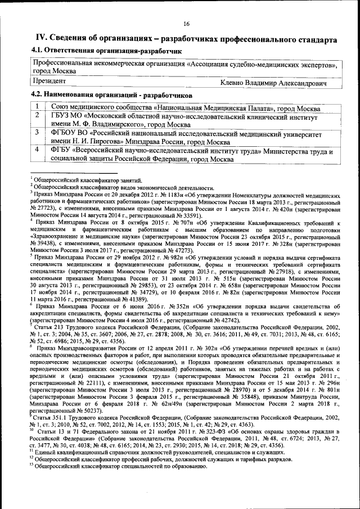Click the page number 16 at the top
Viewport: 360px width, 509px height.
point(186,23)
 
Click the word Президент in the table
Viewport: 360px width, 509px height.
point(49,82)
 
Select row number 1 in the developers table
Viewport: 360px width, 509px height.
point(37,107)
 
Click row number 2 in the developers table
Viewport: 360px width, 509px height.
point(37,115)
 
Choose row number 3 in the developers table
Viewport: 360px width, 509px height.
point(37,133)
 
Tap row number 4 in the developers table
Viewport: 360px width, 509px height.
point(37,150)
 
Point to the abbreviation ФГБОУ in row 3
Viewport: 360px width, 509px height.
point(65,133)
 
